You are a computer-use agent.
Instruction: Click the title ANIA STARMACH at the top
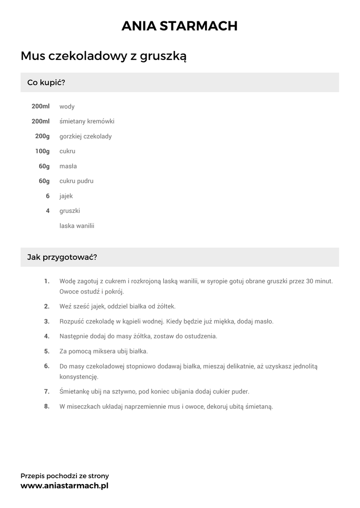click(179, 26)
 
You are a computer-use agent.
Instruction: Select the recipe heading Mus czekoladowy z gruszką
click(103, 56)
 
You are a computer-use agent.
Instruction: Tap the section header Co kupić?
click(46, 82)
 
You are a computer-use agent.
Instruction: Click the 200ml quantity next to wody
click(41, 107)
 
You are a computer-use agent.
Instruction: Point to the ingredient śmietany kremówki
click(87, 122)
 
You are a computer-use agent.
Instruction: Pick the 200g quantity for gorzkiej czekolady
click(42, 136)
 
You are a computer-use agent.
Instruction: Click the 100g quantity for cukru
click(42, 151)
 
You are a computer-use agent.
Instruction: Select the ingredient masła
click(68, 166)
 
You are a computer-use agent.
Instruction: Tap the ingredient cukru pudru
click(76, 181)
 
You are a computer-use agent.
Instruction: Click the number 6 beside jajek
click(48, 196)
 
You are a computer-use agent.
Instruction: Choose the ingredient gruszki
click(70, 211)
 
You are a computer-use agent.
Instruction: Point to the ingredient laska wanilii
click(77, 226)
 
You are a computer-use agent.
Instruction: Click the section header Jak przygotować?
click(62, 257)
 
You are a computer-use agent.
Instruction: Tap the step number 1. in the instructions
click(47, 281)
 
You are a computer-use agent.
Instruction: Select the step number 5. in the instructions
click(47, 351)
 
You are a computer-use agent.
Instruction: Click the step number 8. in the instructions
click(47, 406)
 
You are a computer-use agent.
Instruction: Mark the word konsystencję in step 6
click(79, 377)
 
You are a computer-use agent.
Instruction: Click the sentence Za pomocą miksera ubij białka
click(103, 351)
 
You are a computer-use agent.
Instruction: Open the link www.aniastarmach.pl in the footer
click(64, 486)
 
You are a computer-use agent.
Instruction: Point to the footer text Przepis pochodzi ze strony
click(65, 476)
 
